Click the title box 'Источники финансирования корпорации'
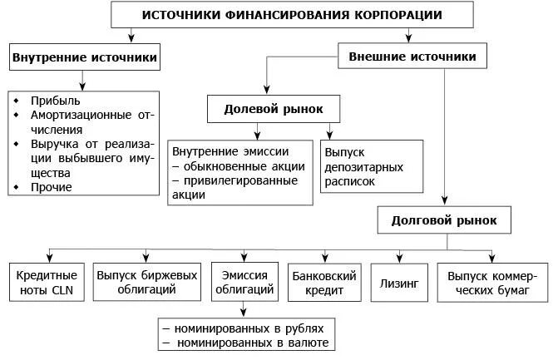click(292, 16)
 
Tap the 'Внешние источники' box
click(413, 57)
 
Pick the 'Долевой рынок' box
click(273, 109)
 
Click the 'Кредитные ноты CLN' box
click(47, 282)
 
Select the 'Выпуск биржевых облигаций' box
click(147, 282)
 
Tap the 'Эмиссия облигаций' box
click(243, 282)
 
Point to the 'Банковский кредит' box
click(323, 282)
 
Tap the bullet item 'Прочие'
click(52, 187)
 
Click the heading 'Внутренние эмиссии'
click(230, 151)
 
